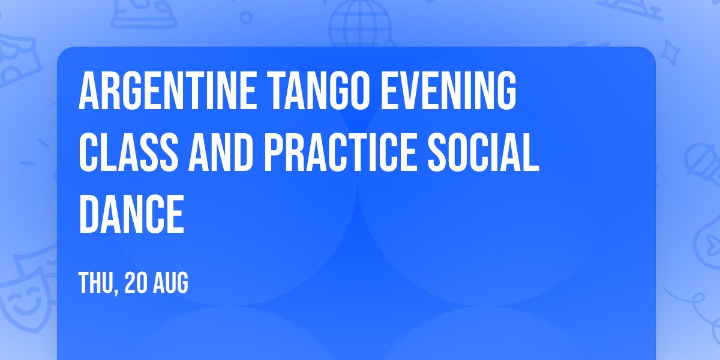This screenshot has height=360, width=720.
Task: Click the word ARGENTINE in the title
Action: (167, 91)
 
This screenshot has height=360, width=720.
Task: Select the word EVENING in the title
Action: (448, 91)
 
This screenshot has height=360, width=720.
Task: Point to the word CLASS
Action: (128, 152)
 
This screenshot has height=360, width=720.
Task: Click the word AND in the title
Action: (221, 152)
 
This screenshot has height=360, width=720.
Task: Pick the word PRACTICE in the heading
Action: (341, 152)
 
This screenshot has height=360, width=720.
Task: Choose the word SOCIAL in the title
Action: (484, 152)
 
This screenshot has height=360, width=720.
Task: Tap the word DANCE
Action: (131, 214)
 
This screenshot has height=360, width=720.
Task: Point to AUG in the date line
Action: (170, 283)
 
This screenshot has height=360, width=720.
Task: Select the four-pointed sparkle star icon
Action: (669, 52)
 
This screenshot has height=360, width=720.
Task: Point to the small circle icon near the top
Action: (246, 17)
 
